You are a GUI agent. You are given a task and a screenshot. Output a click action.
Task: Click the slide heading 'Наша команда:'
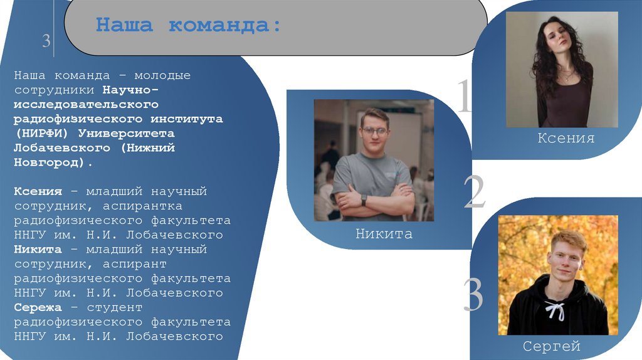click(188, 26)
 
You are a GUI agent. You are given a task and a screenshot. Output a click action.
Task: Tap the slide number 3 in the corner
click(46, 41)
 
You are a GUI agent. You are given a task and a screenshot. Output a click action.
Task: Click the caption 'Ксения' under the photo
click(566, 138)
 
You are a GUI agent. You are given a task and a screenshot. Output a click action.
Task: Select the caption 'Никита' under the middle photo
click(384, 235)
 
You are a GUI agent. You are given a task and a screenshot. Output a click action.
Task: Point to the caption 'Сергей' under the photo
click(552, 346)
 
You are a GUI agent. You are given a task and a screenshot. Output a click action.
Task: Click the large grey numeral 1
click(464, 95)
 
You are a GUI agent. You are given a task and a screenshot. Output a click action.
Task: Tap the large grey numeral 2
click(474, 192)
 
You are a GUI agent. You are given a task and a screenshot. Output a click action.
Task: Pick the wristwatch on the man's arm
click(364, 199)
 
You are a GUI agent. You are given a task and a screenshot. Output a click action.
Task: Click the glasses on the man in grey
click(374, 132)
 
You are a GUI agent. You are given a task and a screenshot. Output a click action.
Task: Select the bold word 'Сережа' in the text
click(38, 307)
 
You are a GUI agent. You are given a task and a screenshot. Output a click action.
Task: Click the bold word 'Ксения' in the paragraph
click(38, 191)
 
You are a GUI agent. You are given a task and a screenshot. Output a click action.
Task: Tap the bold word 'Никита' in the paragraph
click(38, 250)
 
